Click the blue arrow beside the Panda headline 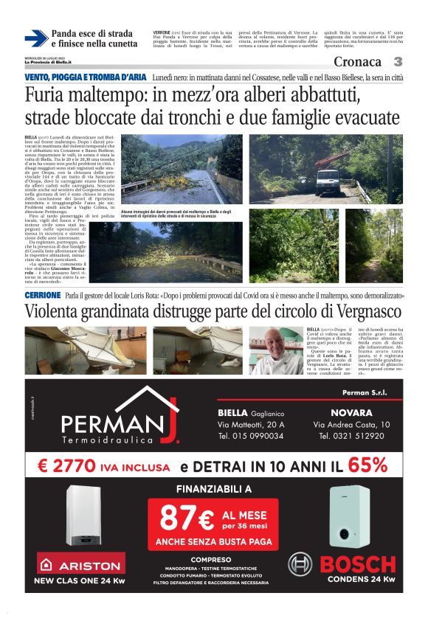point(35,38)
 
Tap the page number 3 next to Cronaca point(397,62)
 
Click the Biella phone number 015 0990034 point(251,436)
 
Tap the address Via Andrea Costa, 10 point(352,425)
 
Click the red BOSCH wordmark point(359,564)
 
